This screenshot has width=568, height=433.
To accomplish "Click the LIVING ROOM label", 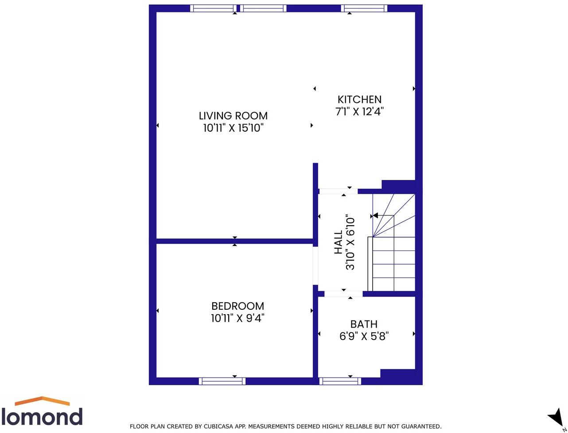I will point(233,116).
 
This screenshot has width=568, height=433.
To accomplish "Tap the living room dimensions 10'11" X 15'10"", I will point(233,128).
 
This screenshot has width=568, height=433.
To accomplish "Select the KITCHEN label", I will point(359,99).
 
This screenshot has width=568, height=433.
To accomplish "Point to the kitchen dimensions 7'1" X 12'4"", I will point(359,111).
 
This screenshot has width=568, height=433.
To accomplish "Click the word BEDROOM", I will point(237,306).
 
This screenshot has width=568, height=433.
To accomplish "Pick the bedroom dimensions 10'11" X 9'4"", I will point(237,318).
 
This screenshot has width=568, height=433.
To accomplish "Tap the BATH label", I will point(364,324).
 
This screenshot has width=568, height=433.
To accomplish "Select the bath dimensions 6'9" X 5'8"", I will point(364,336).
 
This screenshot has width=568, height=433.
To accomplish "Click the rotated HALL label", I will point(338,242).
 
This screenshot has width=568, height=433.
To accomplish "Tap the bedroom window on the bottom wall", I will point(222,381).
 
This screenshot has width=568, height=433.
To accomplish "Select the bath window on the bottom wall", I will point(340,381).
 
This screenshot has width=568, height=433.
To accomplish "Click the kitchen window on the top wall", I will point(364,8).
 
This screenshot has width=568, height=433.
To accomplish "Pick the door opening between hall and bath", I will point(343,293).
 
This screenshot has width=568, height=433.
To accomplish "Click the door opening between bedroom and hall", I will point(315,265).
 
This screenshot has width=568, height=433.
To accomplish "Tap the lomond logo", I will point(42,412).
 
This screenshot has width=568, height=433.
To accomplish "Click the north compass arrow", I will point(556,417).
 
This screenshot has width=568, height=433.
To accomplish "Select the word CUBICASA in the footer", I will point(218,426).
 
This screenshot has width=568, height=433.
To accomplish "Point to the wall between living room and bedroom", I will point(235,241).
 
